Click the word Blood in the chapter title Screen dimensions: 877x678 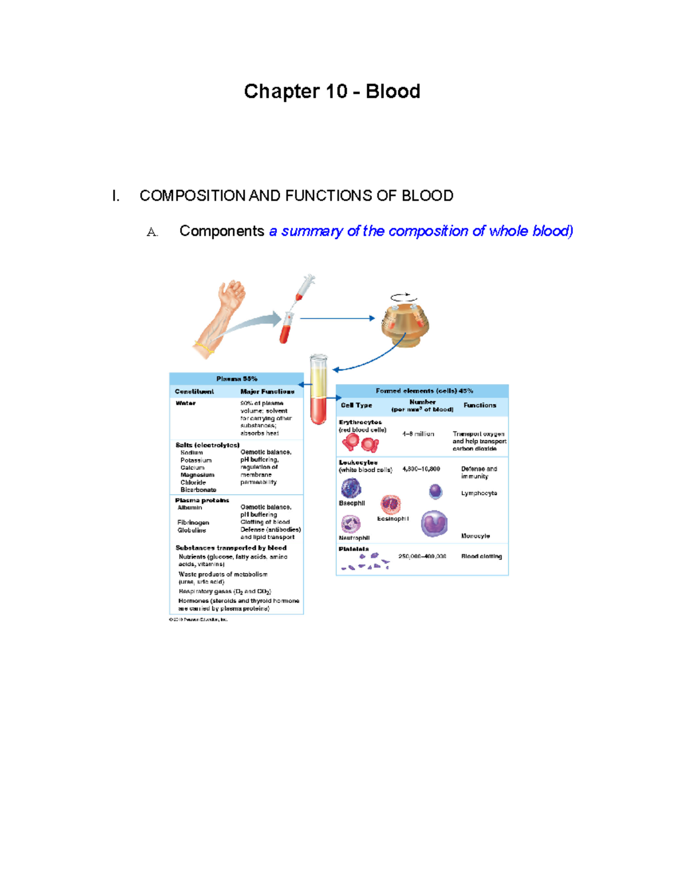point(393,91)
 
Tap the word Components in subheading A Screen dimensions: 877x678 point(221,231)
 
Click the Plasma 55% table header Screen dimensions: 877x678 point(236,379)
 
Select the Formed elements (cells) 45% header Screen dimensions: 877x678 point(424,391)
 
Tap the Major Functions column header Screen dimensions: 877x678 point(267,391)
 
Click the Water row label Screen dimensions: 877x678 point(185,403)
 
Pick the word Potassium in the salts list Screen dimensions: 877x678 point(195,460)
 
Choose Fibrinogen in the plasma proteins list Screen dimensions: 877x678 point(193,523)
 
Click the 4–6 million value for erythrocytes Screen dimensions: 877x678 point(418,434)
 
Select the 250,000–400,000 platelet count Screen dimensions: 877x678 point(422,556)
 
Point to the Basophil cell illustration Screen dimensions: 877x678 point(351,488)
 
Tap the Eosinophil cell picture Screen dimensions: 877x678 point(390,504)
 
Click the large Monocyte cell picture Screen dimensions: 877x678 point(434,523)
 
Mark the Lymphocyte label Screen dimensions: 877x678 point(479,493)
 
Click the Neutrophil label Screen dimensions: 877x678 point(354,538)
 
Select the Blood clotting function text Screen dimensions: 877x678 point(481,556)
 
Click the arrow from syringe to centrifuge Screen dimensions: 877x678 point(337,318)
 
